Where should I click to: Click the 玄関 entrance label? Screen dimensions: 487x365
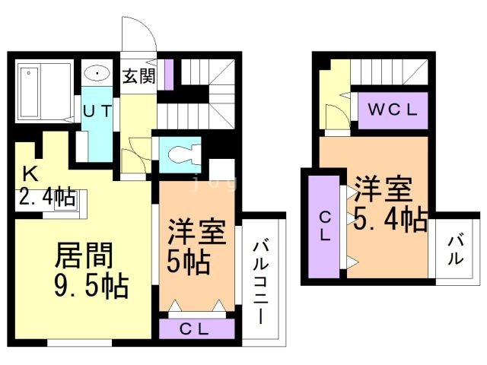138,76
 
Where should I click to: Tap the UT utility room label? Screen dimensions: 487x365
97,111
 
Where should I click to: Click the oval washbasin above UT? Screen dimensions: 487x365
97,74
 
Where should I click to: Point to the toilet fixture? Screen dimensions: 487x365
184,154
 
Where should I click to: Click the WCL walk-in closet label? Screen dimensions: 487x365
393,109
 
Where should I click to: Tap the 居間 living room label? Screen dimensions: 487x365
84,255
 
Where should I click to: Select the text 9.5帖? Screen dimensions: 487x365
91,286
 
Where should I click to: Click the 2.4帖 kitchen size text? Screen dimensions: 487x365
47,196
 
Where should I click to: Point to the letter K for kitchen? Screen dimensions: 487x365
31,174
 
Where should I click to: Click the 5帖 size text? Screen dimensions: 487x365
188,261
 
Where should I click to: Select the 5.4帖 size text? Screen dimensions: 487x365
390,218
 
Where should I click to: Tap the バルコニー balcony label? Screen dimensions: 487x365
260,281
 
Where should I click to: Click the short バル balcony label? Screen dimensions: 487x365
455,250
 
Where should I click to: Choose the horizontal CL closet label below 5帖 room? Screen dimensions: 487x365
194,329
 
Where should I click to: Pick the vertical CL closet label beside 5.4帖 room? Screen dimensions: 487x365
325,227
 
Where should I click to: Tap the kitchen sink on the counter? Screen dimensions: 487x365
65,200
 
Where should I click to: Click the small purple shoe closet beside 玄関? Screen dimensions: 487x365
169,75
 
